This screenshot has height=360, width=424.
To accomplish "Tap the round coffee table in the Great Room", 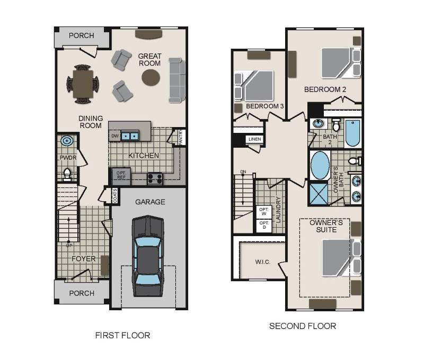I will tap(151, 78).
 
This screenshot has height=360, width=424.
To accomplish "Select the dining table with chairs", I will tap(83, 84).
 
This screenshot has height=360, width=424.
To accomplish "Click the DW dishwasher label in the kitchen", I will tap(114, 136).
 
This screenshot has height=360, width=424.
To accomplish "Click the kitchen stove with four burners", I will tap(155, 178).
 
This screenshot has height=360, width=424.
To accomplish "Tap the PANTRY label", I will tap(180, 137).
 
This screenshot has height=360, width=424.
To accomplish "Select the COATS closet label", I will tap(115, 196).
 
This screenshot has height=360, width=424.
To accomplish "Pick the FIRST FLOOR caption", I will tap(122, 335).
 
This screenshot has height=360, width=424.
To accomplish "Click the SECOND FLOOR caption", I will tap(303, 326).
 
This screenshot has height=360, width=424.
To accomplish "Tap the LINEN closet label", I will tap(254, 140).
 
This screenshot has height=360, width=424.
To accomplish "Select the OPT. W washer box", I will tap(263, 211).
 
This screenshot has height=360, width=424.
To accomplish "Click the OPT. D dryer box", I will tap(263, 226).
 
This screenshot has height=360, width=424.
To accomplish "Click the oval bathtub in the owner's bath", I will tap(320, 166).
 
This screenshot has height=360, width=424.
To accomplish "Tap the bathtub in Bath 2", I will tap(353, 133).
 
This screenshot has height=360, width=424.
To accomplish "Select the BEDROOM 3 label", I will tap(264, 106).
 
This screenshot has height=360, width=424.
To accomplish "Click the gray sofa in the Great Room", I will tap(176, 80).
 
